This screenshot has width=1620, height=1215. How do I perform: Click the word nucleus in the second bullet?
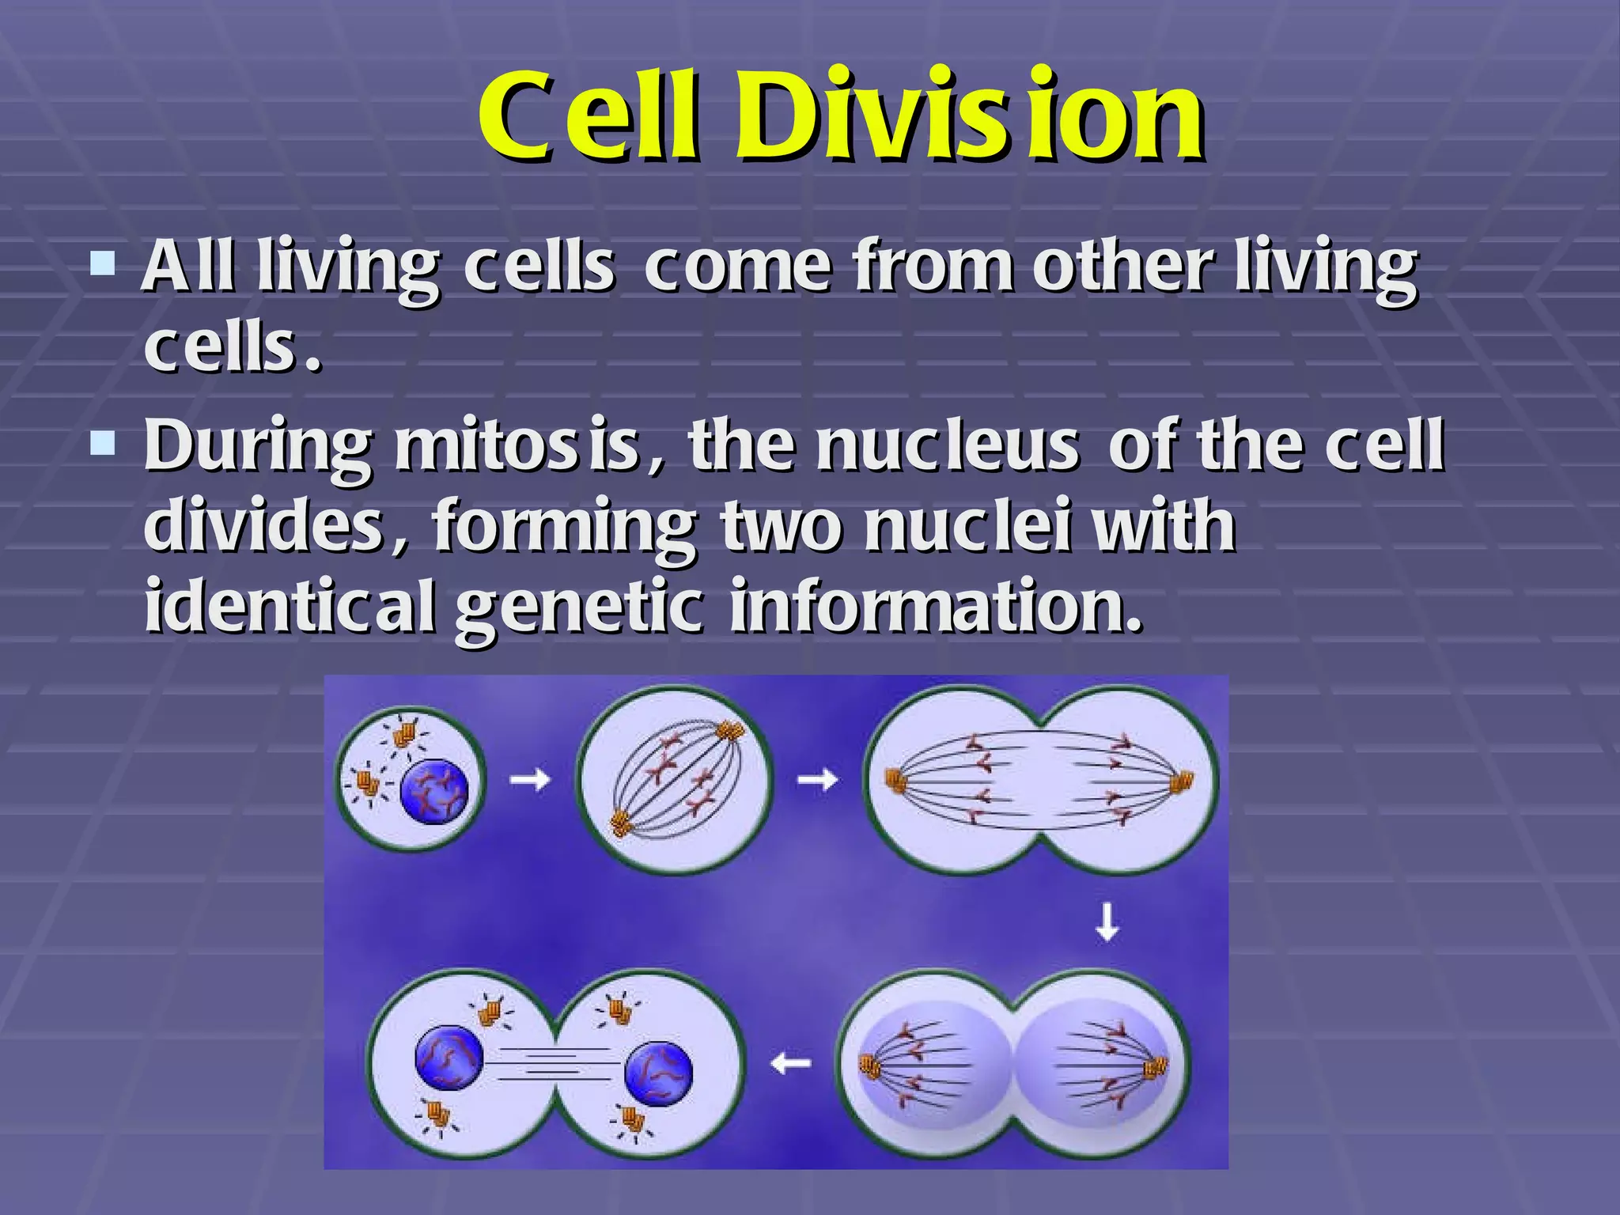(x=948, y=446)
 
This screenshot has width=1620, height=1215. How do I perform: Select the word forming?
(x=565, y=528)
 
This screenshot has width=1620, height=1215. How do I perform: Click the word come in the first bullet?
(x=737, y=267)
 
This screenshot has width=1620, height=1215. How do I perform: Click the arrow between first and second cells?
(x=529, y=781)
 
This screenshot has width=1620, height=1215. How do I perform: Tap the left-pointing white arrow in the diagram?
(x=791, y=1063)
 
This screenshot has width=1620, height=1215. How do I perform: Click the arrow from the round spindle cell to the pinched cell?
(x=817, y=781)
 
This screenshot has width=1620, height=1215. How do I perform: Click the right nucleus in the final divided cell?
(x=658, y=1073)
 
